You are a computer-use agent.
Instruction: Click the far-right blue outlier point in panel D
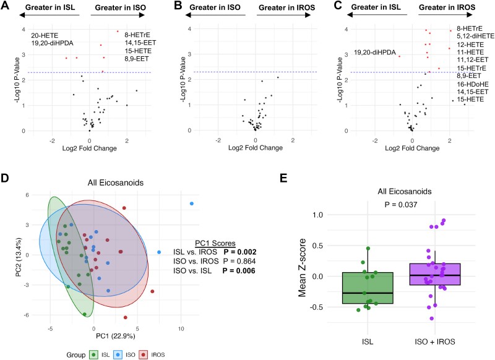(x=192, y=204)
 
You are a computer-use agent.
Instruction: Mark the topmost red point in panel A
(x=118, y=31)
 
